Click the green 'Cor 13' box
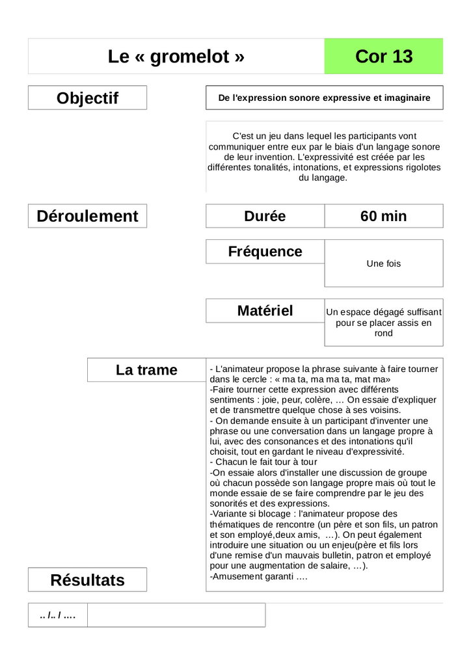[x=384, y=57]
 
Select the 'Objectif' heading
[x=87, y=98]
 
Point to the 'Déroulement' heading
[x=87, y=216]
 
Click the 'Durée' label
[x=265, y=216]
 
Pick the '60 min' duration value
[x=383, y=216]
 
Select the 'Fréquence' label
[x=265, y=252]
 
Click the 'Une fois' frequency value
[x=384, y=263]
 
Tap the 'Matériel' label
[x=265, y=311]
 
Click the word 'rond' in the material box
[x=384, y=333]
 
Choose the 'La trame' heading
[x=146, y=370]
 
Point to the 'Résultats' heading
[x=87, y=580]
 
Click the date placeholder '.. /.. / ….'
[x=58, y=615]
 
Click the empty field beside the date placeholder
[x=176, y=615]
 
